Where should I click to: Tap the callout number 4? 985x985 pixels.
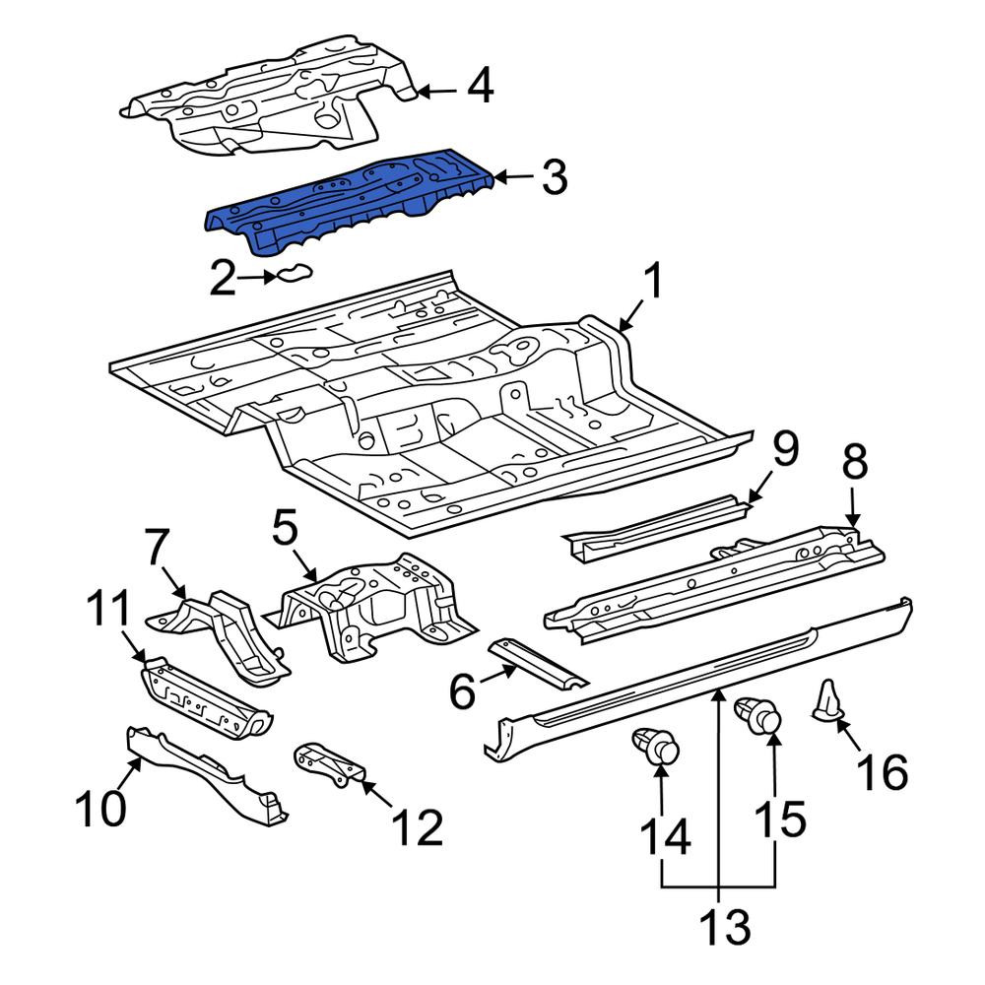pyautogui.click(x=481, y=87)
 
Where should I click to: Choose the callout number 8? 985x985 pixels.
pyautogui.click(x=854, y=461)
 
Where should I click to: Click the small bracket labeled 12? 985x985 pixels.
pyautogui.click(x=329, y=764)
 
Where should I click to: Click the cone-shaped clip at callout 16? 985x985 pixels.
pyautogui.click(x=826, y=700)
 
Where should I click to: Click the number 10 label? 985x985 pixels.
pyautogui.click(x=100, y=808)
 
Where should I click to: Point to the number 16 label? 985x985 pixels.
pyautogui.click(x=883, y=771)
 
